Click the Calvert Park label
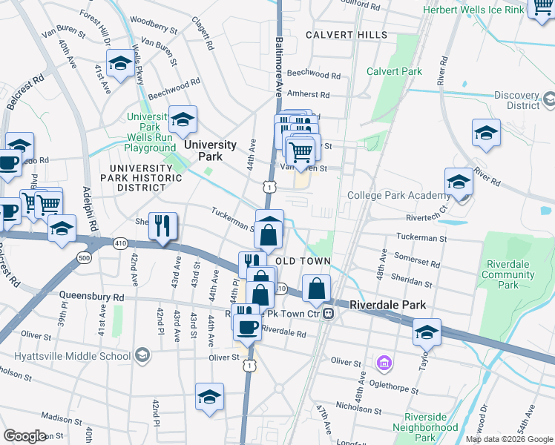394,71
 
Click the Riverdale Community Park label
508,274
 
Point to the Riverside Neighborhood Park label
431,422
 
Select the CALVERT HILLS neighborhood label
346,35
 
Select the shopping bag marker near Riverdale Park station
317,289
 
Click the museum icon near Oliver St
384,363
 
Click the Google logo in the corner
24,436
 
